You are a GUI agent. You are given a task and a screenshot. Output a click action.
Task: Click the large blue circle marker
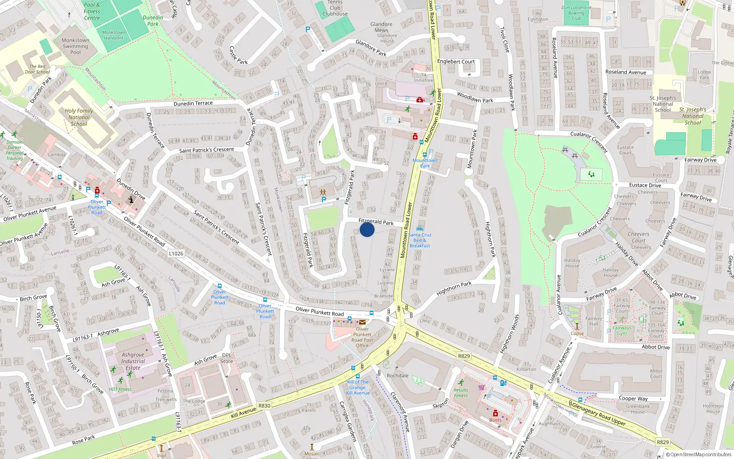[367, 229]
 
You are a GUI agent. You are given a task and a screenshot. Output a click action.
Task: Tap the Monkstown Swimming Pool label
[75, 46]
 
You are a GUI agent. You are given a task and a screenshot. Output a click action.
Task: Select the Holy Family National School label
[79, 117]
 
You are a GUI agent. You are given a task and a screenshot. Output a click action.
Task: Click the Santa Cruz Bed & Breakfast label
[420, 240]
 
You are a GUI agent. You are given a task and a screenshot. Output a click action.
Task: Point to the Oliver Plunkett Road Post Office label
[362, 337]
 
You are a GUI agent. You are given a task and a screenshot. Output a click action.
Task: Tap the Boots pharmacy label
[495, 420]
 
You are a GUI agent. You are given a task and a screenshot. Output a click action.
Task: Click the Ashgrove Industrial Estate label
[133, 361]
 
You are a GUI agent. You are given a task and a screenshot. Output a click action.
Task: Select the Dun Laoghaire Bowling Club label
[577, 13]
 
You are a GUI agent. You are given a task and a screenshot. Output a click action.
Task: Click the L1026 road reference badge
[176, 253]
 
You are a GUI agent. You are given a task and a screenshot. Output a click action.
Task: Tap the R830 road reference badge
[264, 406]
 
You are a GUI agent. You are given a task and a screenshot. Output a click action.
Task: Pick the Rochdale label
[397, 375]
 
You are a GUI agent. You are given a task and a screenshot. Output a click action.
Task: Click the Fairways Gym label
[622, 330]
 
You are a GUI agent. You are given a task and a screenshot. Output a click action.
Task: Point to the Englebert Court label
[456, 62]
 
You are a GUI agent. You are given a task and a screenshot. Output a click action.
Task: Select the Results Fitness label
[461, 393]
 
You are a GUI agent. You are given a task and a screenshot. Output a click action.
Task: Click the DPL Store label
[227, 358]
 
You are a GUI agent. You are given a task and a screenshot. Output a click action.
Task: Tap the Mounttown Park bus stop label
[425, 163]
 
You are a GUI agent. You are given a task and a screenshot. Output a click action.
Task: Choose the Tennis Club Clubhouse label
[335, 8]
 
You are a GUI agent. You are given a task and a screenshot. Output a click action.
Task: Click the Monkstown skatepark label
[113, 35]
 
